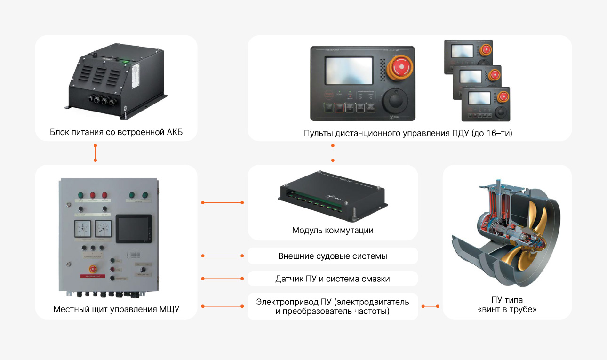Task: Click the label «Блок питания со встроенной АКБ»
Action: coord(116,132)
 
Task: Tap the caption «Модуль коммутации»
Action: coord(333,230)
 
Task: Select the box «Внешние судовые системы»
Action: coord(333,256)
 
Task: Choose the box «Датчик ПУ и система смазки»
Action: coord(333,279)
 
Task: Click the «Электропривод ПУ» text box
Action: coord(333,306)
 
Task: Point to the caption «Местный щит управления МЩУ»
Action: coord(116,309)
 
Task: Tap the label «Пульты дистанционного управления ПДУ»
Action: coord(408,133)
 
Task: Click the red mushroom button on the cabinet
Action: coord(92,269)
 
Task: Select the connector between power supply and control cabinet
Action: coord(96,152)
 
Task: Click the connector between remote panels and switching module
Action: coord(333,152)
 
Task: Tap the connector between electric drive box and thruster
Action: coord(430,306)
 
